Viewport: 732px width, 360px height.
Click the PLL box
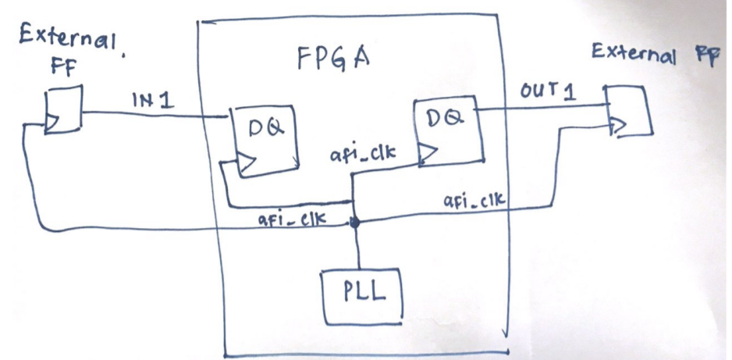[364, 295]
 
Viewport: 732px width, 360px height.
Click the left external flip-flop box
[62, 112]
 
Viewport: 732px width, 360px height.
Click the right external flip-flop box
[627, 111]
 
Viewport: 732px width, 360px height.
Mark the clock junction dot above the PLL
[355, 223]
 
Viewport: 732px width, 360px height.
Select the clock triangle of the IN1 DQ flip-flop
[245, 164]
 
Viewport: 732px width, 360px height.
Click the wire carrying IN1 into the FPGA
[156, 115]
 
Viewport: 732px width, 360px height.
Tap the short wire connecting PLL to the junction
[357, 248]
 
